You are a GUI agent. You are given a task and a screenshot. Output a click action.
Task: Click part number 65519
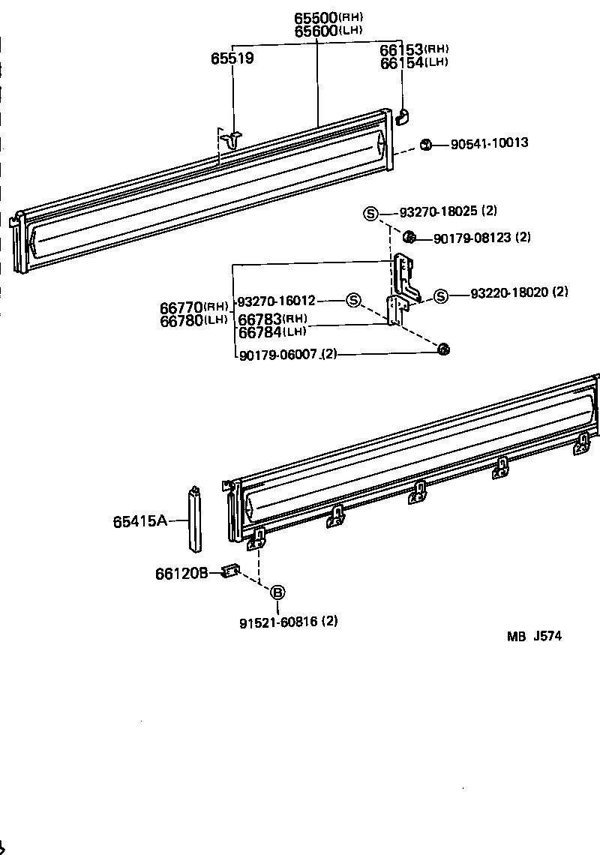point(232,58)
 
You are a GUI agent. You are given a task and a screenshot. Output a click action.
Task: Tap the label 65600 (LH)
point(328,31)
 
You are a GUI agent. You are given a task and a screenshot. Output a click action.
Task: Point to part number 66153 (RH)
point(414,49)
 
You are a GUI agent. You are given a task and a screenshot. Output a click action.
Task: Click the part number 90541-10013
point(489,142)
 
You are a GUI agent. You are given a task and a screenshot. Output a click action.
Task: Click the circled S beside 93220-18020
point(441,296)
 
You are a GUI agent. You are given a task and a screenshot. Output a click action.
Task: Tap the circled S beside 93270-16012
point(353,301)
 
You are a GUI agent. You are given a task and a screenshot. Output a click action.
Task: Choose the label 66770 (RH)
point(193,307)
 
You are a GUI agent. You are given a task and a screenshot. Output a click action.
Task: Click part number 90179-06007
point(277,354)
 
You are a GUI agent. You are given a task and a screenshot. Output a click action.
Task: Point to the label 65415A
point(140,521)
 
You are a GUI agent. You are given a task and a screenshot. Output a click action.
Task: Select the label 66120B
point(181,574)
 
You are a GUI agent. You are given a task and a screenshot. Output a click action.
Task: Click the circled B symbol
point(277,592)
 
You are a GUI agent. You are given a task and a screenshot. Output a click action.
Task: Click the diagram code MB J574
point(534,637)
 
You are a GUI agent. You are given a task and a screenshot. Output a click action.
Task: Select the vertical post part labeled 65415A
point(194,517)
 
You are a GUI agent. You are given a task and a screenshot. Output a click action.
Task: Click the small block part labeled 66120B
point(231,573)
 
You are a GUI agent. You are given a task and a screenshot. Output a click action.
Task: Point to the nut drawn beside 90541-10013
point(425,144)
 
